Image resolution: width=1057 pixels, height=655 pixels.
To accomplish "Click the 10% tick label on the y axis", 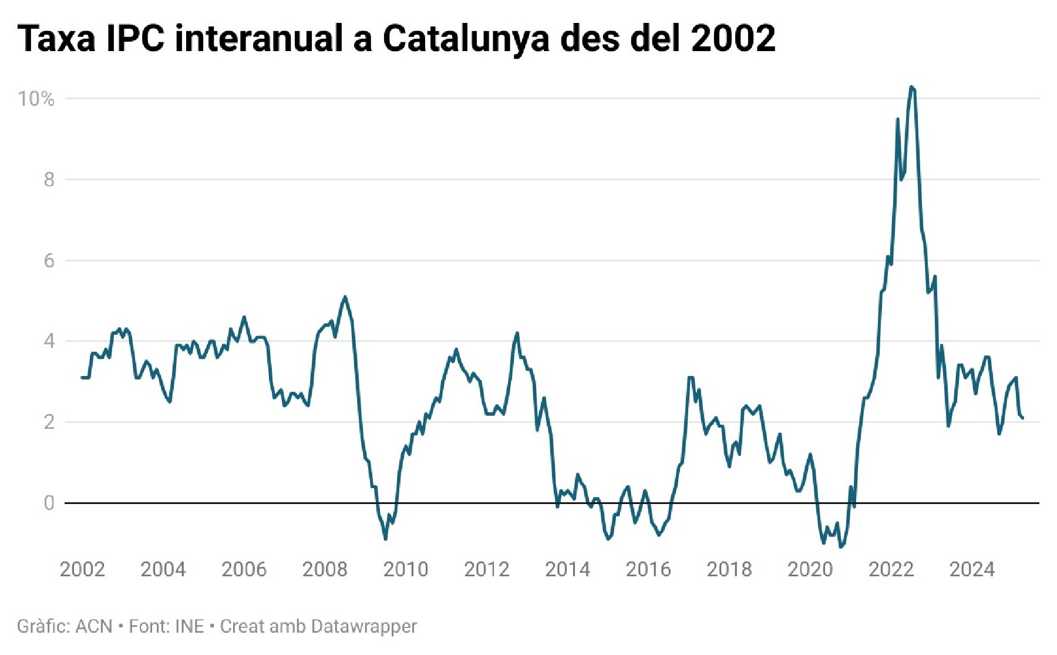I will coord(36,99).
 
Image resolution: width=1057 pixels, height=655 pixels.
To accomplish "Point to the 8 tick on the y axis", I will coord(49,180).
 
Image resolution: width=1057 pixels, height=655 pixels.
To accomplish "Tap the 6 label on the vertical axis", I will coord(49,261).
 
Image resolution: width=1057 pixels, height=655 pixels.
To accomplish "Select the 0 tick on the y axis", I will coord(49,503).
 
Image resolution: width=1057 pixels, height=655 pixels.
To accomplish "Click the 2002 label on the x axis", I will coord(82,569).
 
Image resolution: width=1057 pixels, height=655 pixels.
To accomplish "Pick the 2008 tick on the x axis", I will coord(325,569).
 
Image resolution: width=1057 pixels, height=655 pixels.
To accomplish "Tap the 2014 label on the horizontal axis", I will coord(567,569).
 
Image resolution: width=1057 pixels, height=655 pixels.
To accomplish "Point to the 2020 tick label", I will coord(810,569).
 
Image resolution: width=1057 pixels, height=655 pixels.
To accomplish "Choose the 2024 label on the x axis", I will coord(972,569).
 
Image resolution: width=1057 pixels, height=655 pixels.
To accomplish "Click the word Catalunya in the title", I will coord(466,39).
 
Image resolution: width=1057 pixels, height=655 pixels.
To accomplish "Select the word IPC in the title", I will coord(135,39).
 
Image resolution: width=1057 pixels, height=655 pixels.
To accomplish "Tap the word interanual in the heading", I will coord(258,39).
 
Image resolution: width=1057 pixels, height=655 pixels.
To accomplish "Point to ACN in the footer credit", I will coord(94,627).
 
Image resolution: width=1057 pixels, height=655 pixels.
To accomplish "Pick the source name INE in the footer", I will coord(190,627).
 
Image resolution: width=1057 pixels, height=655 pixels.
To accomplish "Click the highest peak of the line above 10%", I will coord(911,87).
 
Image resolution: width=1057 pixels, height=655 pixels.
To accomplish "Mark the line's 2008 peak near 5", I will coord(345,297).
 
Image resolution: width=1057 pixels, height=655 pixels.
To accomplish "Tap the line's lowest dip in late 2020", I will coord(841,547).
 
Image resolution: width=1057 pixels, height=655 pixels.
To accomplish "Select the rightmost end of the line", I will coord(1023,418).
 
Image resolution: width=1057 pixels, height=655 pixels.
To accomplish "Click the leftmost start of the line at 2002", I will coord(82,377).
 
